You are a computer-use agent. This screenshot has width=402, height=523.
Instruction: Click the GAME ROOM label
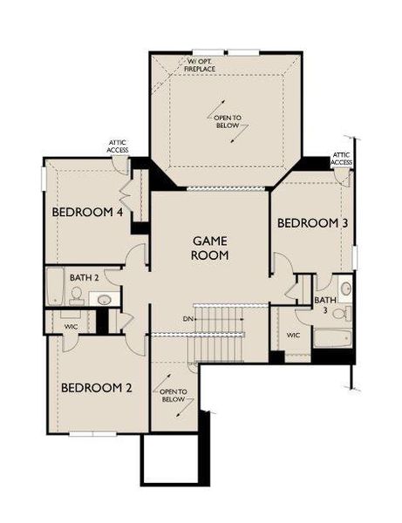(211, 248)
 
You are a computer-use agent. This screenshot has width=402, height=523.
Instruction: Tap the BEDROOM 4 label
(87, 212)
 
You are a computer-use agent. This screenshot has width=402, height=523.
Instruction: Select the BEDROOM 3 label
(313, 224)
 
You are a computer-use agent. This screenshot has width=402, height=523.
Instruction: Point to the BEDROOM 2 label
(96, 388)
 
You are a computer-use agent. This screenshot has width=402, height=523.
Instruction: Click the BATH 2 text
(85, 277)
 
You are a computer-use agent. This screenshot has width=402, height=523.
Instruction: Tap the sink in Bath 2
(104, 299)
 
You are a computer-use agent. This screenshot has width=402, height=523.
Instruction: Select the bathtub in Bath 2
(55, 286)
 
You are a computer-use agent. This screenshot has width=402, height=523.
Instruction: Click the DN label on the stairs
(187, 318)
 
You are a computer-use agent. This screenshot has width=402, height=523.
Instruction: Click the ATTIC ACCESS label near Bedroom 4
(118, 146)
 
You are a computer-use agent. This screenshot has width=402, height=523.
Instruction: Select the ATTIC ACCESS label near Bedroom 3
(342, 159)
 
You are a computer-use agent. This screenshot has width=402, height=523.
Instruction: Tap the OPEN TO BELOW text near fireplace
(226, 120)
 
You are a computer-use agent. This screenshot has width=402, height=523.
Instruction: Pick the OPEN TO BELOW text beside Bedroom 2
(174, 397)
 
